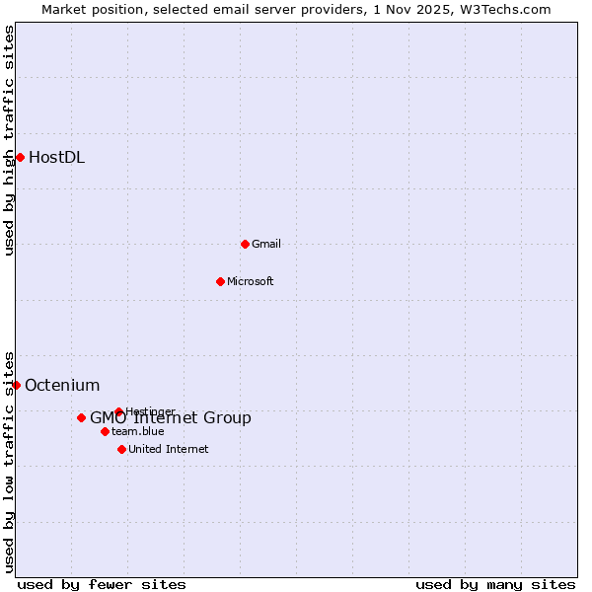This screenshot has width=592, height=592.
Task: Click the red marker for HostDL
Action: coord(20,157)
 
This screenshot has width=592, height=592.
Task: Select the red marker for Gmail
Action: coord(246,244)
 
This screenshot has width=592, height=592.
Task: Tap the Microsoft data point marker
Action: coord(221,281)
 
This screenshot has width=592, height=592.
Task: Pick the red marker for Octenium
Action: coord(16,385)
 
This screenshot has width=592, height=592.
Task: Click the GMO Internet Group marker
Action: coord(81,417)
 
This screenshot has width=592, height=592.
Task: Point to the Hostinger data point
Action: coord(118,411)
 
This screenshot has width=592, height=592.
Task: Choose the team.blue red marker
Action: coord(105,431)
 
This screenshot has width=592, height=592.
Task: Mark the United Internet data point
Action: coord(121,449)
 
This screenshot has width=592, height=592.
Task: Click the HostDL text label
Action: coord(57,157)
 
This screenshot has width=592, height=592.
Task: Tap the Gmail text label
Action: coord(266,244)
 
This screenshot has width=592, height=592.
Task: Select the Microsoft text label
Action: coord(251,281)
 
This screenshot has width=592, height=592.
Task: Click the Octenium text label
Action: coord(62,385)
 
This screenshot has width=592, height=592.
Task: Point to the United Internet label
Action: coord(169,449)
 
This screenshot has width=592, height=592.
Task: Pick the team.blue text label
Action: coord(138,431)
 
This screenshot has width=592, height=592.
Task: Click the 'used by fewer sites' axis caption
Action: coord(102,584)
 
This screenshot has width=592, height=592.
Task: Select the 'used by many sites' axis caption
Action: coord(495,584)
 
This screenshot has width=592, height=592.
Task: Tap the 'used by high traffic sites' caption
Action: coord(10,139)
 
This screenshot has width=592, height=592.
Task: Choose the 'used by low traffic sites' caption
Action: coord(10,461)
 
